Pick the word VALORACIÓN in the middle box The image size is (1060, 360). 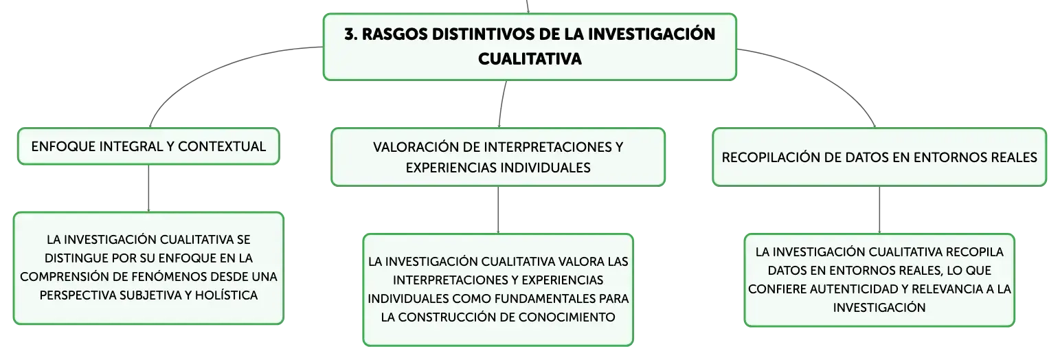click(416, 147)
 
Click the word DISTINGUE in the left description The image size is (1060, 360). click(76, 258)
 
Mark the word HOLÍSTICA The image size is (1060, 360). click(226, 295)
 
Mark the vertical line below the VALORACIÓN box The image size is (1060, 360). click(498, 210)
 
